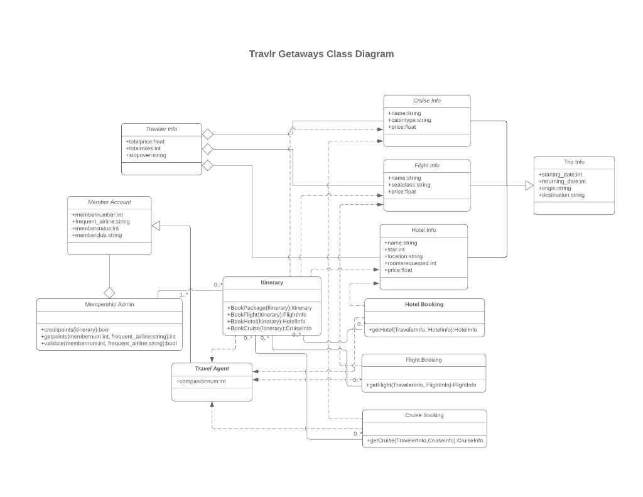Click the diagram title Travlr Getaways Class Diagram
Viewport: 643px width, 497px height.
coord(321,54)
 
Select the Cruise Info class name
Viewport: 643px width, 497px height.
coord(426,101)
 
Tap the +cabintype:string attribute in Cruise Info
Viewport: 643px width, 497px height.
coord(409,120)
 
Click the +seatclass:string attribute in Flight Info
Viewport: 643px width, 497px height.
coord(409,185)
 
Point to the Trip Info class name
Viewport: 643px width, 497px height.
coord(574,162)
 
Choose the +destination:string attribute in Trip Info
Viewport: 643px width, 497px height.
coord(561,195)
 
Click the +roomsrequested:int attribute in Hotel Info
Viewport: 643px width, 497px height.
coord(410,263)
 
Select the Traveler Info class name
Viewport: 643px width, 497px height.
coord(161,129)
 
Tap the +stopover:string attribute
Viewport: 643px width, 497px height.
coord(146,155)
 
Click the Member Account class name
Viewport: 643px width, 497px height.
coord(109,202)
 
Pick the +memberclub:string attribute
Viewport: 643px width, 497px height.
coord(97,236)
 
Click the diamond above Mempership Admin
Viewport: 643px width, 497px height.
coord(110,292)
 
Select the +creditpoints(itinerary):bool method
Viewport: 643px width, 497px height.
coord(75,330)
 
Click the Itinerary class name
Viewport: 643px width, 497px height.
coord(272,283)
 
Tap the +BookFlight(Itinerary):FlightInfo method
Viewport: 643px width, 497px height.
coord(267,314)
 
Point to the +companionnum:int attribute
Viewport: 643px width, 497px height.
coord(201,381)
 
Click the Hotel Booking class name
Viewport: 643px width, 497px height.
coord(424,304)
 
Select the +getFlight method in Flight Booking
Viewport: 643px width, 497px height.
coord(421,385)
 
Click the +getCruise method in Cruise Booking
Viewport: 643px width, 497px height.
coord(424,441)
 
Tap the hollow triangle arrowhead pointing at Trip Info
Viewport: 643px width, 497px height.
coord(529,185)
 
